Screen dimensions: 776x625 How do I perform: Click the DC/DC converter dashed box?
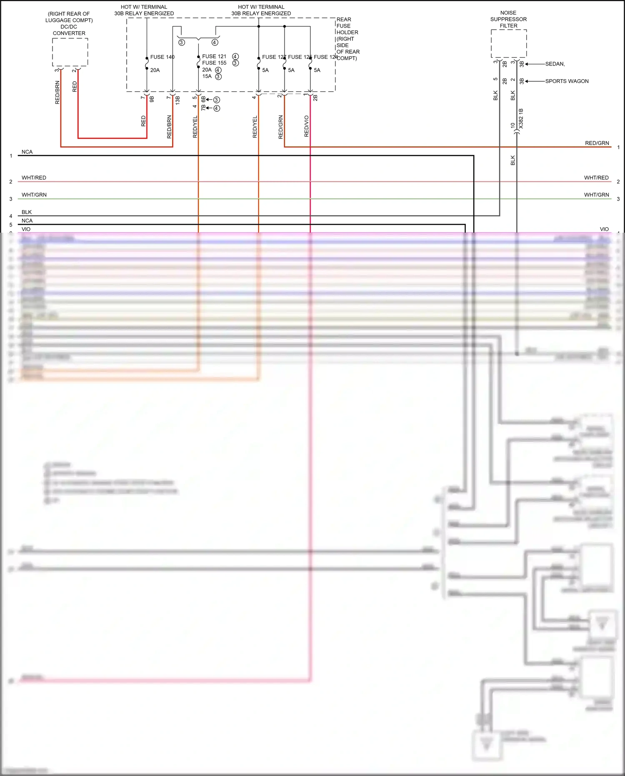70,52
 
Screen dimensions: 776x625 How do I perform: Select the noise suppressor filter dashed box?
509,44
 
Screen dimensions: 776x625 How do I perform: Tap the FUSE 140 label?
162,57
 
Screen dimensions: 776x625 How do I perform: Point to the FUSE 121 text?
214,56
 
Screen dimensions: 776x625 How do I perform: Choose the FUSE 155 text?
214,63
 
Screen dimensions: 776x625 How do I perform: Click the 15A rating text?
207,76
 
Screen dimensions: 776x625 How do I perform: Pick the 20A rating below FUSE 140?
155,70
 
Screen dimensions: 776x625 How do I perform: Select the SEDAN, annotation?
555,64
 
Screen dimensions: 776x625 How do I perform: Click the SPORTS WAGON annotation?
567,81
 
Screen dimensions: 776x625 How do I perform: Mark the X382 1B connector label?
521,118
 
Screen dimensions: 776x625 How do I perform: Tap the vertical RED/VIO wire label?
307,126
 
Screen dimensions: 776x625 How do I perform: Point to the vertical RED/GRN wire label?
281,127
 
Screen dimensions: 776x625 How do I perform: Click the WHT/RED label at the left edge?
34,178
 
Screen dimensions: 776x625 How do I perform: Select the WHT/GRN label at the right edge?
596,195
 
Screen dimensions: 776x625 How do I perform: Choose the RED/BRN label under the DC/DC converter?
57,93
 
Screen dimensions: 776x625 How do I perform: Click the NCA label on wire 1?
27,152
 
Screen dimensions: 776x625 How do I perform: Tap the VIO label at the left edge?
26,229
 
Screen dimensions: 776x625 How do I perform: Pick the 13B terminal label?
177,100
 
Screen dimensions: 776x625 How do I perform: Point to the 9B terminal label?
152,99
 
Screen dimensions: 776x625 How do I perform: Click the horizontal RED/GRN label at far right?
597,143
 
